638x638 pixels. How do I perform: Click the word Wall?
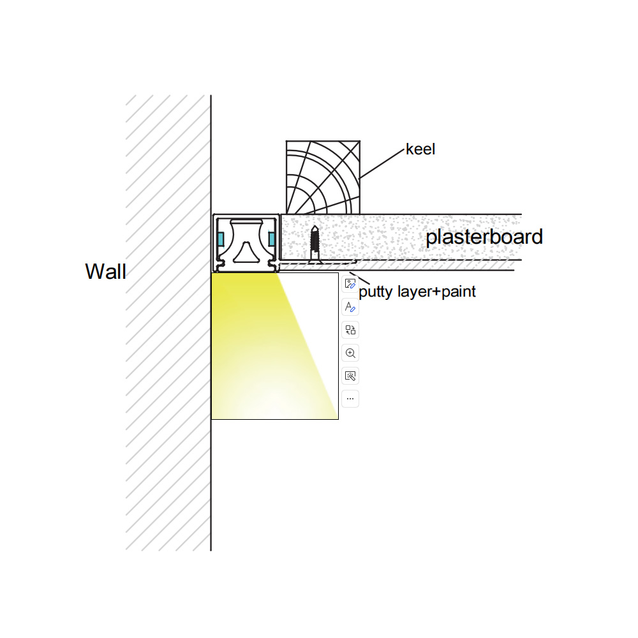point(106,271)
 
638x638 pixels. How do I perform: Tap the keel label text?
point(420,149)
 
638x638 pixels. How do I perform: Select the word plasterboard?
point(484,237)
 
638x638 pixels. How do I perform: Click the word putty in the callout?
point(375,292)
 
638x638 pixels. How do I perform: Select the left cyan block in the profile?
point(221,239)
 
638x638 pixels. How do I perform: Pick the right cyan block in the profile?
point(271,239)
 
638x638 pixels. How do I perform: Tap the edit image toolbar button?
point(350,284)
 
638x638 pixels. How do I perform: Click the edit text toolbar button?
point(350,307)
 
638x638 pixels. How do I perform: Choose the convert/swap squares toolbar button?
point(350,330)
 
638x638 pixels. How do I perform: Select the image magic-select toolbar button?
point(350,376)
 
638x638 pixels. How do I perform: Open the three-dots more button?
point(350,399)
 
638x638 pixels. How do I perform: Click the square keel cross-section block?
point(323,177)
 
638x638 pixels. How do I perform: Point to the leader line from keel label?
point(382,163)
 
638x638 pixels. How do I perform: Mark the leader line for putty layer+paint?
point(360,278)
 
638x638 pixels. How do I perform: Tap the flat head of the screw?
point(315,262)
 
